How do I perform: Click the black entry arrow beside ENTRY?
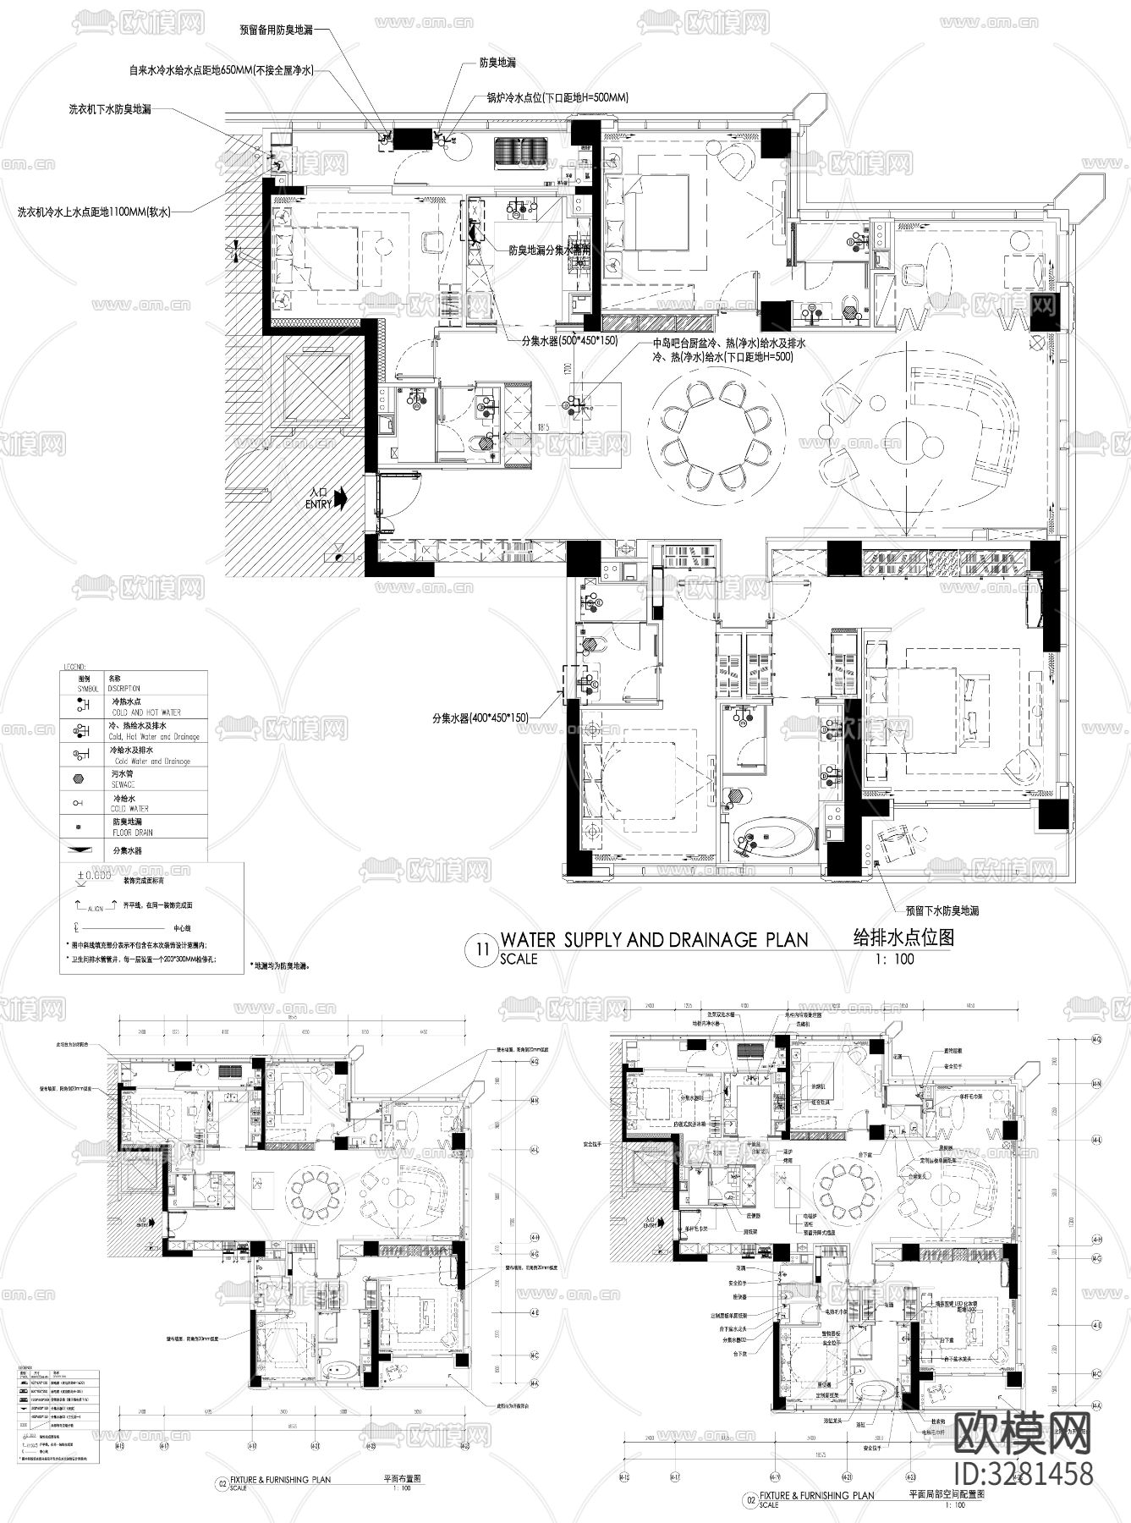[341, 498]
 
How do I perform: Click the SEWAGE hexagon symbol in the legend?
[83, 778]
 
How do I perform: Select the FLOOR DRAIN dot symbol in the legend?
[83, 825]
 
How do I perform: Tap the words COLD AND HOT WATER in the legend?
[145, 712]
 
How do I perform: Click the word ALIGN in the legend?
[95, 908]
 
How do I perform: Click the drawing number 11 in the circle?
[483, 948]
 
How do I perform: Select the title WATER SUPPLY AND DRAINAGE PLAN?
[654, 939]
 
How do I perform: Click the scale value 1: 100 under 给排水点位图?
[896, 959]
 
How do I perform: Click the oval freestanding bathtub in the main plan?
[771, 838]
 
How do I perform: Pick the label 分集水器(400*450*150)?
[480, 718]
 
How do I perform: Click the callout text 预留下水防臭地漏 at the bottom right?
[942, 911]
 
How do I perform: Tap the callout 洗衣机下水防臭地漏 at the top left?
[110, 109]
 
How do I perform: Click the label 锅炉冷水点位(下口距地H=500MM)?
[557, 97]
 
